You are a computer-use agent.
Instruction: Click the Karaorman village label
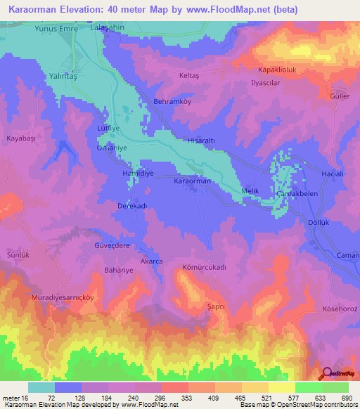[192, 181]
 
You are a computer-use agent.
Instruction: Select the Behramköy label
[172, 102]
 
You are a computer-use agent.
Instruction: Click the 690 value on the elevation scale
[346, 398]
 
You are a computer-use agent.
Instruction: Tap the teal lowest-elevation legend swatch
[41, 387]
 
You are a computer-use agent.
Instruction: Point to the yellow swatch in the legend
[281, 387]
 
